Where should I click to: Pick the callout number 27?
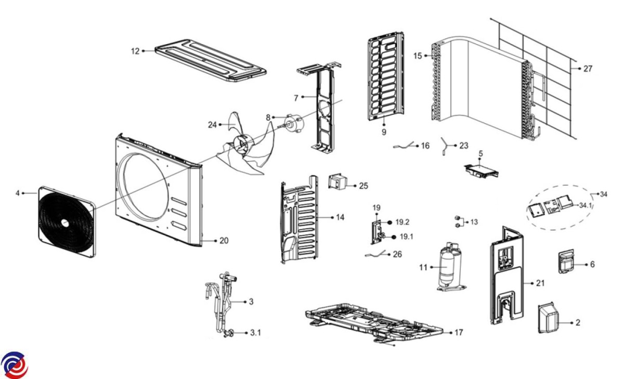coord(588,69)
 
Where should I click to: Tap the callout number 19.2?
coord(402,222)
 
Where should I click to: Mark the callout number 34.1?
coord(586,205)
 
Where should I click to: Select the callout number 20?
coord(224,241)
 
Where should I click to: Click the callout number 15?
coord(418,56)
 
